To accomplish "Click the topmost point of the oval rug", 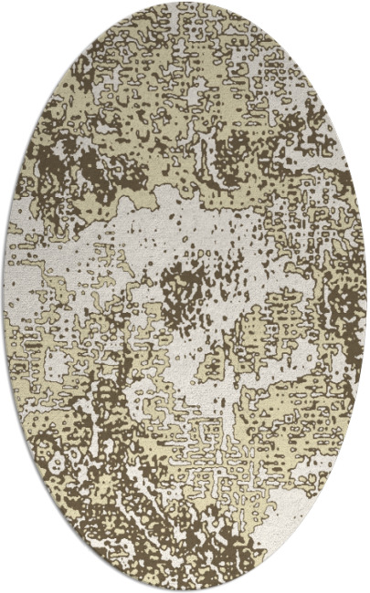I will pos(185,3).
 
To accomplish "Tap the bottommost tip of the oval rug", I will pos(185,590).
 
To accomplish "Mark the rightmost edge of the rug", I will pos(366,296).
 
